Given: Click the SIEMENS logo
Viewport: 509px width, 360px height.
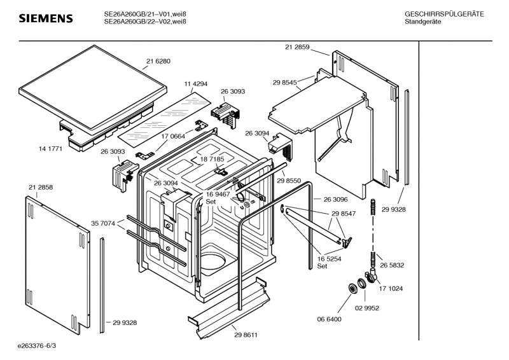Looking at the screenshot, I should click(46, 18).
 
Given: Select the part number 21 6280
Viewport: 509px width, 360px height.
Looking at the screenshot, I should click(158, 61).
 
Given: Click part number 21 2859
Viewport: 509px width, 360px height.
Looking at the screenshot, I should click(297, 47).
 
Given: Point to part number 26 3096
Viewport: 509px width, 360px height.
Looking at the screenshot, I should click(335, 198).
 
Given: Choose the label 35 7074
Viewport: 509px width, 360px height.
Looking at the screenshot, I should click(104, 223).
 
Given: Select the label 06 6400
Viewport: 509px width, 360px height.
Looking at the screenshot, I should click(330, 319).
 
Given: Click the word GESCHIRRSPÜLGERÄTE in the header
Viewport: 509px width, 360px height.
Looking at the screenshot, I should click(443, 13).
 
